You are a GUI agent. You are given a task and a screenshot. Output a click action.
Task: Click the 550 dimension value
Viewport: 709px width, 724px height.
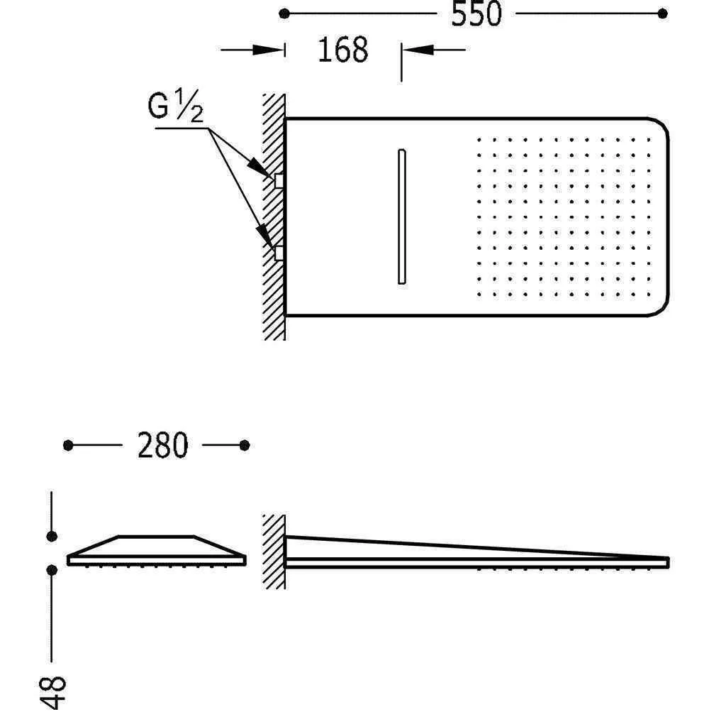pyautogui.click(x=476, y=13)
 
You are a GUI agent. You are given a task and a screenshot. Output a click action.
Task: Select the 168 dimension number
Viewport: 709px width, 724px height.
pyautogui.click(x=342, y=50)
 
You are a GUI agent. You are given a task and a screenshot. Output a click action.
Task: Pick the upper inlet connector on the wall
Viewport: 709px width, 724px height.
pyautogui.click(x=279, y=180)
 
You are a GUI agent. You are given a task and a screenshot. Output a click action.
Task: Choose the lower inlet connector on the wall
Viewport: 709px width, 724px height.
pyautogui.click(x=279, y=252)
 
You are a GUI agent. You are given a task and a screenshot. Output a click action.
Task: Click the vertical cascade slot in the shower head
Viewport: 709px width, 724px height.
pyautogui.click(x=401, y=216)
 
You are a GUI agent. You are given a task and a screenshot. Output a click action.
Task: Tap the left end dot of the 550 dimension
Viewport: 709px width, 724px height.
pyautogui.click(x=284, y=13)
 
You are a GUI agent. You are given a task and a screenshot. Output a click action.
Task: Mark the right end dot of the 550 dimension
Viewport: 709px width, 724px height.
pyautogui.click(x=663, y=13)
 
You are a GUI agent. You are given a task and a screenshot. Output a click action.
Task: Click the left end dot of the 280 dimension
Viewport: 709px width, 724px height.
pyautogui.click(x=68, y=445)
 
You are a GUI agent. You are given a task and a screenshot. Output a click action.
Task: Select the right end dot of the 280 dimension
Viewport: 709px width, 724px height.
pyautogui.click(x=245, y=445)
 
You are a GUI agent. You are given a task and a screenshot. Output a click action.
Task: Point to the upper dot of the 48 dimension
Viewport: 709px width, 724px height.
pyautogui.click(x=52, y=535)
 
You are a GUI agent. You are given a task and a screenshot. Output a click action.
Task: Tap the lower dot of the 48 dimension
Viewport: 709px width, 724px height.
pyautogui.click(x=52, y=569)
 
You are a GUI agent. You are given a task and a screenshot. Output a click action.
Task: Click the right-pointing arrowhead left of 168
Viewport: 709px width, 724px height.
pyautogui.click(x=273, y=50)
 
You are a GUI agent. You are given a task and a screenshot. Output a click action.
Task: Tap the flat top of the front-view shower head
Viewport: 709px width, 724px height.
pyautogui.click(x=156, y=537)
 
